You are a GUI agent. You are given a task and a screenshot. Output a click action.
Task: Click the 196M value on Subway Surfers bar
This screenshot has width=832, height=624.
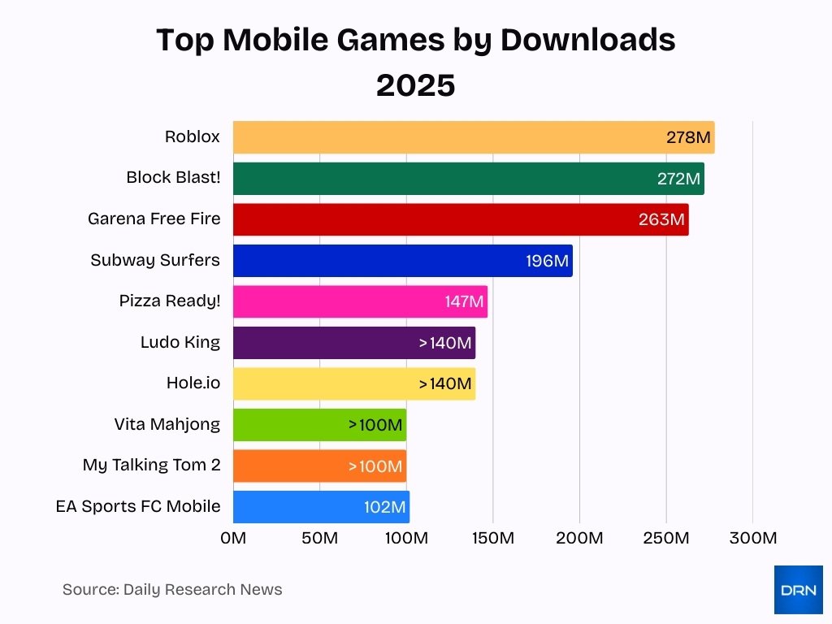[548, 261]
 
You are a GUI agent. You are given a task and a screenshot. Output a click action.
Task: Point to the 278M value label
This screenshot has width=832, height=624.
[688, 137]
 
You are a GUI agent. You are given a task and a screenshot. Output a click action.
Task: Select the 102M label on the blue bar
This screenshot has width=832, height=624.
[384, 507]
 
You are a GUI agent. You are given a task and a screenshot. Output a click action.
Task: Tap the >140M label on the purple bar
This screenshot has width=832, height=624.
[445, 343]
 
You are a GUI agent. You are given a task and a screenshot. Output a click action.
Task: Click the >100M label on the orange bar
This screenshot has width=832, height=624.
[375, 466]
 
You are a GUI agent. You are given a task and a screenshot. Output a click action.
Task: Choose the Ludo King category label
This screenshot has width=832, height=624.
[180, 342]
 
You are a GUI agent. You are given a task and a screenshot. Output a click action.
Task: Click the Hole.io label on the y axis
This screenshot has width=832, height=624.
[193, 383]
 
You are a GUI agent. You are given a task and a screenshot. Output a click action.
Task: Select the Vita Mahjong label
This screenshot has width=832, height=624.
[167, 424]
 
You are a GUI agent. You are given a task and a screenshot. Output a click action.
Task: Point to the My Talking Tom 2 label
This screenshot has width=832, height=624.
[151, 466]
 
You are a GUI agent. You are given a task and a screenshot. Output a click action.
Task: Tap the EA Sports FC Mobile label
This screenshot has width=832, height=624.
[138, 506]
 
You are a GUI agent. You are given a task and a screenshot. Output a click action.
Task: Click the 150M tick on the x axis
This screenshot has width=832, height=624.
[493, 538]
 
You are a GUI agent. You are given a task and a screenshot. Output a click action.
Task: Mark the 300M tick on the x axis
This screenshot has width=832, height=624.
[752, 538]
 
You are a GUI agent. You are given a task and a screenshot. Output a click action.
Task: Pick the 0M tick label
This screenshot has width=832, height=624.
[233, 538]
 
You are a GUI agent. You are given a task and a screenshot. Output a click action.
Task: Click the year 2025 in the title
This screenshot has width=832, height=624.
[415, 84]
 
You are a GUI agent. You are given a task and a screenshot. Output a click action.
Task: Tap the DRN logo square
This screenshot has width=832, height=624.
[798, 590]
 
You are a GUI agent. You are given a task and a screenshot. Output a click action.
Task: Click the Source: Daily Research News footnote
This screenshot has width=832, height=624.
[172, 590]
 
